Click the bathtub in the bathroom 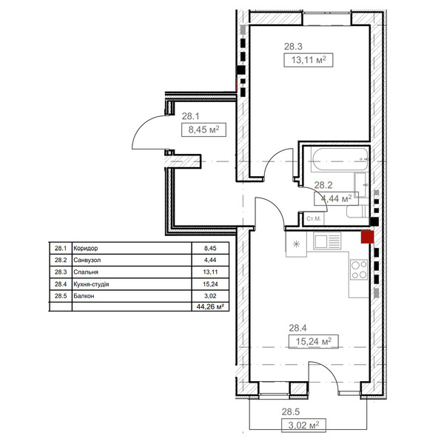pyautogui.click(x=340, y=159)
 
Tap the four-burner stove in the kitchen pyautogui.click(x=359, y=269)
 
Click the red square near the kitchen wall pyautogui.click(x=367, y=237)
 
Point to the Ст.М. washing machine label pyautogui.click(x=314, y=218)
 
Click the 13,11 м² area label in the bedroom pyautogui.click(x=309, y=60)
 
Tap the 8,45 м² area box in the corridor pyautogui.click(x=203, y=129)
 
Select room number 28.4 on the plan pyautogui.click(x=297, y=328)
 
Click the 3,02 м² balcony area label pyautogui.click(x=303, y=425)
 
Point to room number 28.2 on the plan pyautogui.click(x=323, y=185)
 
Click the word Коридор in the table pyautogui.click(x=86, y=249)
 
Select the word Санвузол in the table pyautogui.click(x=87, y=260)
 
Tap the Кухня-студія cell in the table pyautogui.click(x=91, y=284)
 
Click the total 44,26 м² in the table pyautogui.click(x=210, y=306)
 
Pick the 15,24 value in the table pyautogui.click(x=210, y=284)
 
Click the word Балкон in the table pyautogui.click(x=84, y=296)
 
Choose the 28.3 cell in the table pyautogui.click(x=61, y=272)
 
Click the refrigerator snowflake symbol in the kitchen pyautogui.click(x=296, y=243)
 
